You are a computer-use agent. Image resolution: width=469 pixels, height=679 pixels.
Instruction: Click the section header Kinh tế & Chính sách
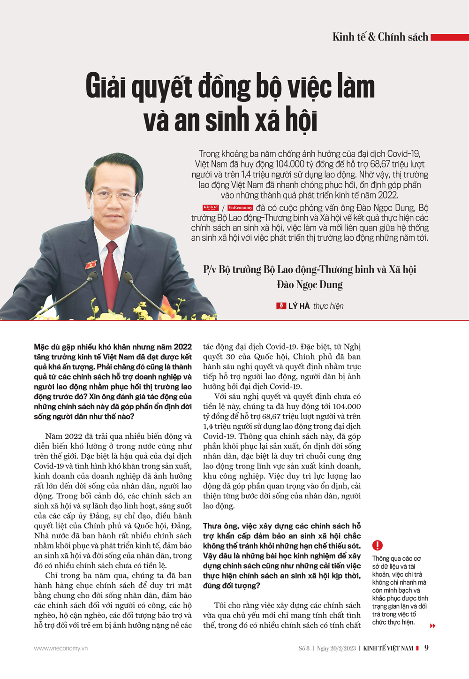point(380,37)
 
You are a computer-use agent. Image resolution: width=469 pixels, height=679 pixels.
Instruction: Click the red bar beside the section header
point(449,37)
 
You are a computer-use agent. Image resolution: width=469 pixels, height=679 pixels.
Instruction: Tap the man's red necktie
point(111,272)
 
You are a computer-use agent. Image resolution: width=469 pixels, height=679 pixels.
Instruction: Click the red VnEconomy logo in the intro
point(240,207)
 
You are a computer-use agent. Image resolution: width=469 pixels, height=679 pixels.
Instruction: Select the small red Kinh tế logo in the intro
point(211,207)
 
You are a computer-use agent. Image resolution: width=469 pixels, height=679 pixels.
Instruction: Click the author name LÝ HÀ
point(299,306)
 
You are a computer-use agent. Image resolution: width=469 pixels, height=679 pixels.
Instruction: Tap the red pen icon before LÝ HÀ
point(281,306)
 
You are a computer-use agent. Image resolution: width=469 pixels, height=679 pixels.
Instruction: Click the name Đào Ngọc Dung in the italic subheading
point(310,284)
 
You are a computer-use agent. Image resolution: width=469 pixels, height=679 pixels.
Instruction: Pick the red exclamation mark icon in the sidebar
point(377,545)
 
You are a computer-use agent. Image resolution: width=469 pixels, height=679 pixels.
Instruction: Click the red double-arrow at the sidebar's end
point(432,626)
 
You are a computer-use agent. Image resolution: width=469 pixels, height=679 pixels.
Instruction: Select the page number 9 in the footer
point(426,648)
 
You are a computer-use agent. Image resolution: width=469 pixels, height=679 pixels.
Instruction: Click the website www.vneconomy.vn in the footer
point(61,648)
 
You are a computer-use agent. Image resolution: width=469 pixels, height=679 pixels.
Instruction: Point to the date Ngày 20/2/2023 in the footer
point(336,648)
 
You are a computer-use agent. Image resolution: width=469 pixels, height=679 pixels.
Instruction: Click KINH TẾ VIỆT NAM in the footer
point(388,648)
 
